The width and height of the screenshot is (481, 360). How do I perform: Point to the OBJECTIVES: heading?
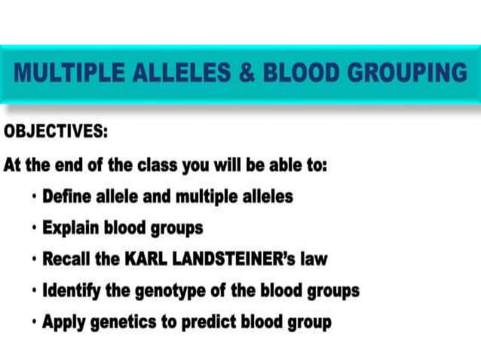[x=56, y=132]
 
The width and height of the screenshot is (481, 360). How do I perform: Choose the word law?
[x=312, y=259]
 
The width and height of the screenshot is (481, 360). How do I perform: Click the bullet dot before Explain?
[x=35, y=227]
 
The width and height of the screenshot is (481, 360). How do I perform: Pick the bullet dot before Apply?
[x=35, y=322]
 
